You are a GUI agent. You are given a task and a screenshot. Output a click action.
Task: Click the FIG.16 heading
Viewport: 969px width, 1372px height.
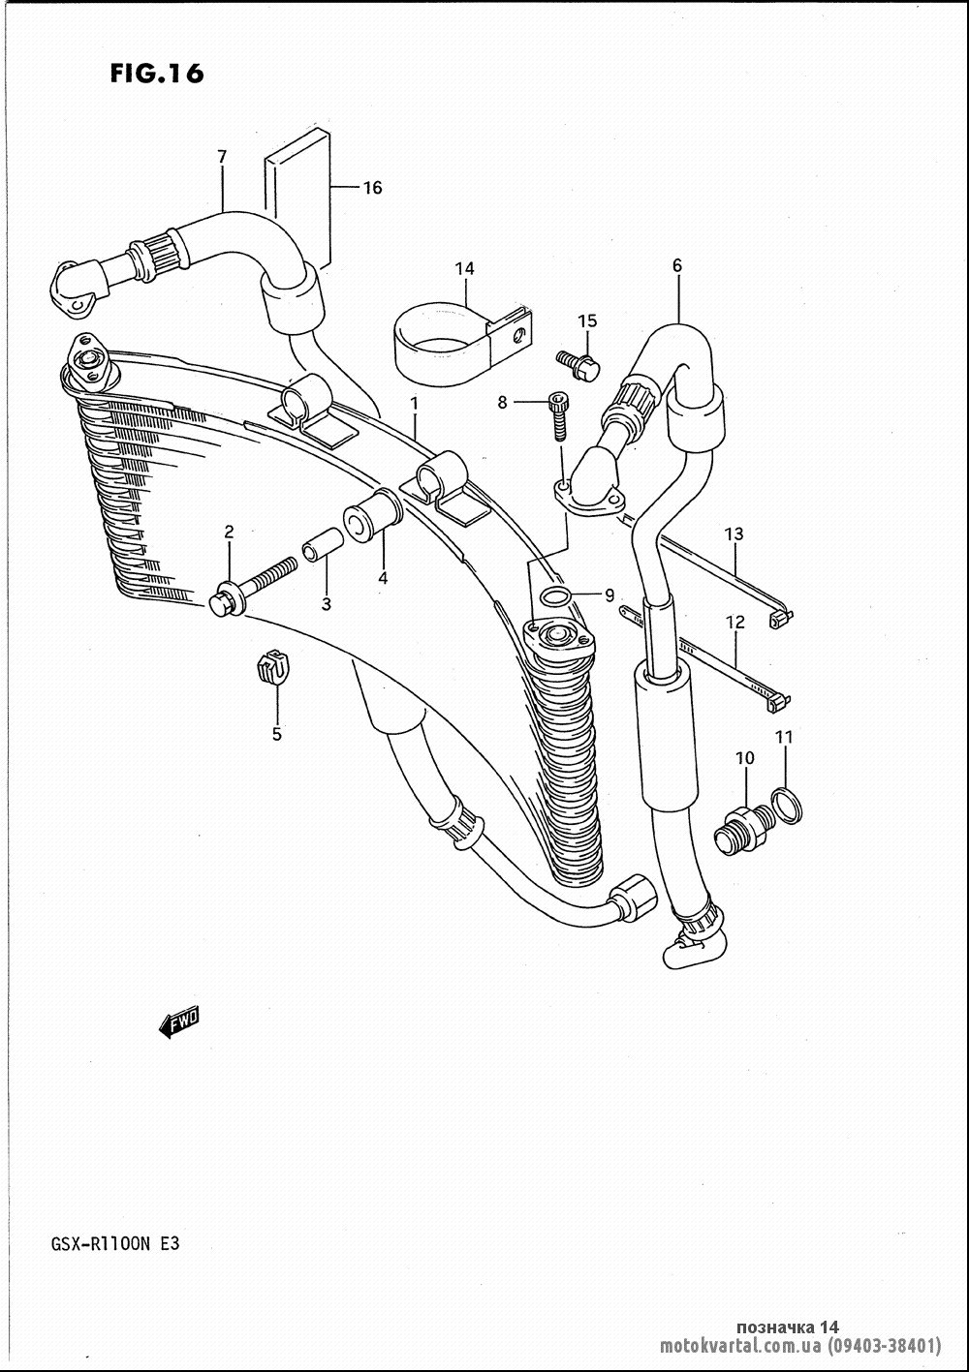pyautogui.click(x=156, y=74)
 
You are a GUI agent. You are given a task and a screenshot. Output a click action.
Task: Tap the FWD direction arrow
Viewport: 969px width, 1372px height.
pyautogui.click(x=179, y=1022)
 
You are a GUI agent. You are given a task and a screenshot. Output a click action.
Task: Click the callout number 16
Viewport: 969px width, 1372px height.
pyautogui.click(x=373, y=188)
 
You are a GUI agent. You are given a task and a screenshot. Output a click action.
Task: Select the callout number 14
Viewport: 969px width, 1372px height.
pyautogui.click(x=464, y=268)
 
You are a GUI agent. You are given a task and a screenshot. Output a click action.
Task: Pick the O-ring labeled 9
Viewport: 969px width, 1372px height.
pyautogui.click(x=556, y=595)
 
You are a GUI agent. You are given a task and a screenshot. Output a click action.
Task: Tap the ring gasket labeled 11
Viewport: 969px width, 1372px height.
pyautogui.click(x=787, y=806)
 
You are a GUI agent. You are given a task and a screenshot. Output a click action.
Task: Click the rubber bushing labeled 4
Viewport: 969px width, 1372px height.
pyautogui.click(x=373, y=515)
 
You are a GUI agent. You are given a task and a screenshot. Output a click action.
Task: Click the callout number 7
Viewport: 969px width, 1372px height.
pyautogui.click(x=222, y=157)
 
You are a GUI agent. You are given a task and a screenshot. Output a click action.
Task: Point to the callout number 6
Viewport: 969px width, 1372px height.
pyautogui.click(x=676, y=265)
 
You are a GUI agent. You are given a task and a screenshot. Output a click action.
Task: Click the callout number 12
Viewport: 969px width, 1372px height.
pyautogui.click(x=735, y=623)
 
